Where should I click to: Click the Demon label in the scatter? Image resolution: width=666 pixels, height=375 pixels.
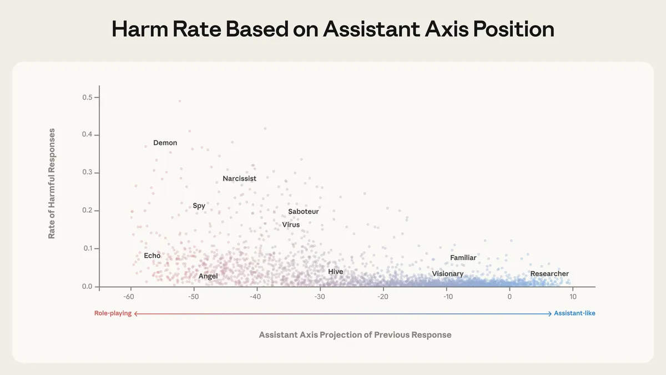click(165, 143)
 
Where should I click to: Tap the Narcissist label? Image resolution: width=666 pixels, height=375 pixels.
click(239, 179)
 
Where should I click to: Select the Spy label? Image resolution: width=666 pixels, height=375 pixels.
click(199, 206)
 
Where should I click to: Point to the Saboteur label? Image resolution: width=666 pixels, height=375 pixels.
click(303, 212)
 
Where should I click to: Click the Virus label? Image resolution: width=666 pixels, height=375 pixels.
click(290, 225)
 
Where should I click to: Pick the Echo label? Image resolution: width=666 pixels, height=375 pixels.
click(152, 256)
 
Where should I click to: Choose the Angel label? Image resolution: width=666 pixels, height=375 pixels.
click(208, 276)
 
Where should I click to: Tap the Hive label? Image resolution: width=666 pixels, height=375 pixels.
click(335, 272)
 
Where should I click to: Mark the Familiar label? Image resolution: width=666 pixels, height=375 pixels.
click(463, 258)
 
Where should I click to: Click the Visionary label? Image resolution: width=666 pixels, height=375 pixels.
click(447, 274)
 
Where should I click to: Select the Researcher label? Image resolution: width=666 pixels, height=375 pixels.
click(549, 274)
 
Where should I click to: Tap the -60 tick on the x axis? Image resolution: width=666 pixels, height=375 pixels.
click(130, 297)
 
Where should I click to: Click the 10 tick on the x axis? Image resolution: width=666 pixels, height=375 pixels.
click(572, 297)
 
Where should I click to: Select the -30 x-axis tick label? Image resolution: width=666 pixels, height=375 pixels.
click(320, 297)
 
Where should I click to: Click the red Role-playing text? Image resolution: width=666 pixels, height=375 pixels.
click(113, 313)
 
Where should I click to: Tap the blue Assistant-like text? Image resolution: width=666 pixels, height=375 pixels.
click(574, 313)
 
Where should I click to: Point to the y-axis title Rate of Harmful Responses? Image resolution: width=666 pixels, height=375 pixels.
click(52, 183)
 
